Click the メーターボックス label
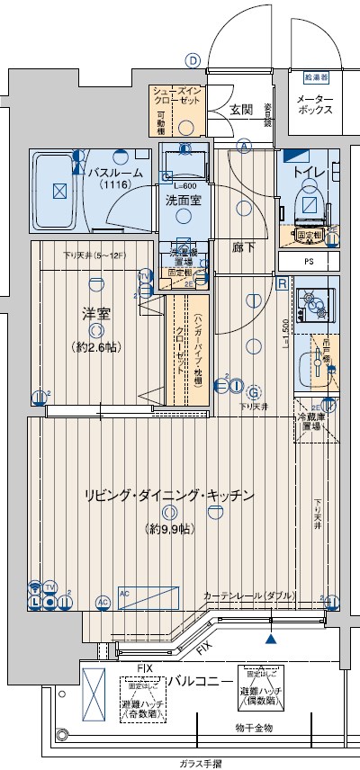click(x=315, y=103)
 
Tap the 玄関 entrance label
click(x=239, y=110)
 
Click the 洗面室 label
click(x=183, y=201)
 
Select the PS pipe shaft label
click(x=309, y=262)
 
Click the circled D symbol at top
click(x=192, y=60)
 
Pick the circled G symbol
click(x=254, y=392)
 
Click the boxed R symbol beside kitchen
click(x=282, y=283)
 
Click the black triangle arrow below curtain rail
click(x=270, y=640)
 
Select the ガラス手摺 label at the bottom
click(x=200, y=764)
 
